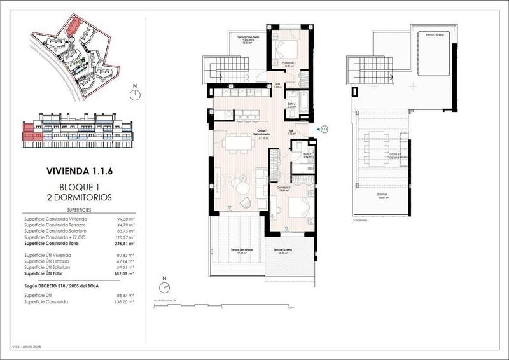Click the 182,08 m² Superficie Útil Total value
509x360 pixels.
pos(125,273)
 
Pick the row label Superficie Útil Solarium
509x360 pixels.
pos(52,267)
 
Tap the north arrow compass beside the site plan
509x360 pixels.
pos(134,95)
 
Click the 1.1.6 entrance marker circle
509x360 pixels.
pos(324,129)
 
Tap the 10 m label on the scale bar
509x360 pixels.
pos(290,308)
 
